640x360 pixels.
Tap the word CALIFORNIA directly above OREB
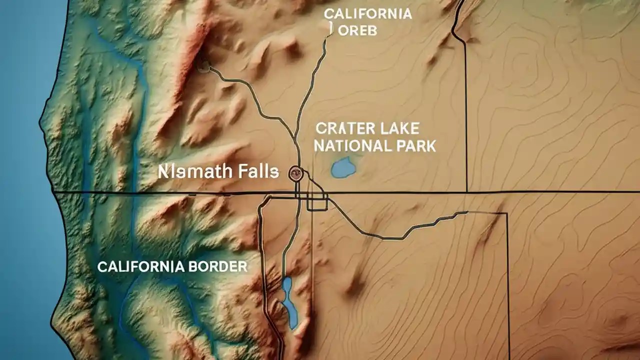[368, 14]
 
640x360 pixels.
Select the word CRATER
[341, 128]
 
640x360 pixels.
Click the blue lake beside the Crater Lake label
[343, 167]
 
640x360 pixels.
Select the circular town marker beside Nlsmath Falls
[295, 173]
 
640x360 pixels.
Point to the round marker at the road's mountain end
[203, 65]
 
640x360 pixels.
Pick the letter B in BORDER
[192, 266]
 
